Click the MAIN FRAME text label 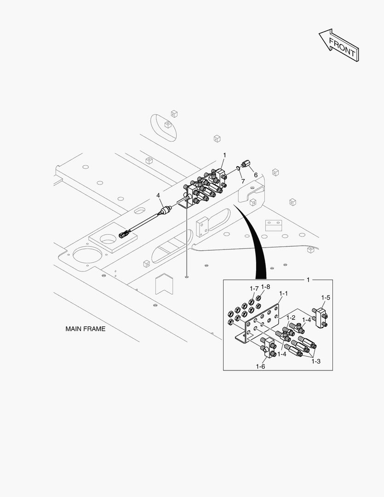(85, 329)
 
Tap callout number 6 (256, 175)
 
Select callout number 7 (243, 181)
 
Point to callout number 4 (158, 196)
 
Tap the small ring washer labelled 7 (239, 168)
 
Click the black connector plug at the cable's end (123, 234)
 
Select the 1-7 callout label (254, 289)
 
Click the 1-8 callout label (265, 287)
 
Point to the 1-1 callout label (283, 293)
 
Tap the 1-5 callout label (326, 298)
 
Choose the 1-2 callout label (291, 318)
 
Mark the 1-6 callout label (260, 366)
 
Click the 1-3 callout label (315, 361)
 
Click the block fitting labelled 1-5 (320, 318)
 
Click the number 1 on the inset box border (308, 279)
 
